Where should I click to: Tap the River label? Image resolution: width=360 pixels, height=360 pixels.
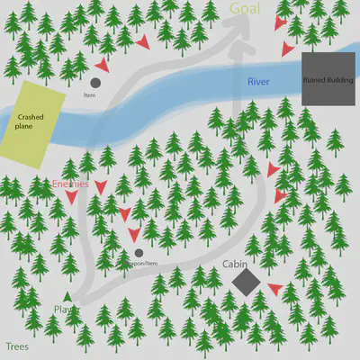click(259, 82)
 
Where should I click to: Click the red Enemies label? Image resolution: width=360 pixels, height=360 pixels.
click(70, 183)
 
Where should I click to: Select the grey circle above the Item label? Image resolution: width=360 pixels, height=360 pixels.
click(95, 82)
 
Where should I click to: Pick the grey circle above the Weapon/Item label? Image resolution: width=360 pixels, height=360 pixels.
click(138, 254)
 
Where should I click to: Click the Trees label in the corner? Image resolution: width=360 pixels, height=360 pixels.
click(17, 346)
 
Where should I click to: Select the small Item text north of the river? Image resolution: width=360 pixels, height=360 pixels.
click(89, 94)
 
